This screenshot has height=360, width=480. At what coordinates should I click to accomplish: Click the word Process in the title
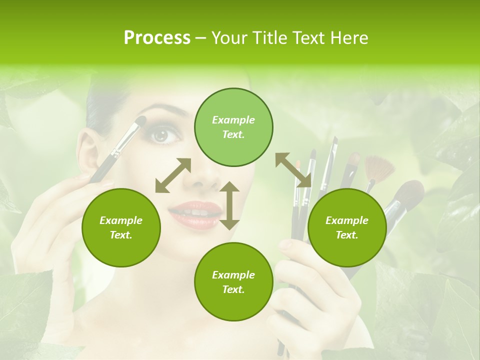[157, 38]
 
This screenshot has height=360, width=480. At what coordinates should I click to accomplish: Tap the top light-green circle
[233, 127]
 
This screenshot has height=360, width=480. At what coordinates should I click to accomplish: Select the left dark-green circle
[121, 228]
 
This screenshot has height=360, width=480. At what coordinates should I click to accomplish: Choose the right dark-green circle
[347, 228]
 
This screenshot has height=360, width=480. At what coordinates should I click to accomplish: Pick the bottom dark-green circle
[233, 282]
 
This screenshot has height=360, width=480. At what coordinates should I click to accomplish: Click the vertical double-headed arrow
[229, 205]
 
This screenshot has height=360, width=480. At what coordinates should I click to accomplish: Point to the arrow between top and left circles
[173, 175]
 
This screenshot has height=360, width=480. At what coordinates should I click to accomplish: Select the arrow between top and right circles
[293, 170]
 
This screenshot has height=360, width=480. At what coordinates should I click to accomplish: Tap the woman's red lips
[194, 212]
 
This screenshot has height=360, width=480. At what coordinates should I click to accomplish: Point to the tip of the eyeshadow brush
[142, 119]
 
